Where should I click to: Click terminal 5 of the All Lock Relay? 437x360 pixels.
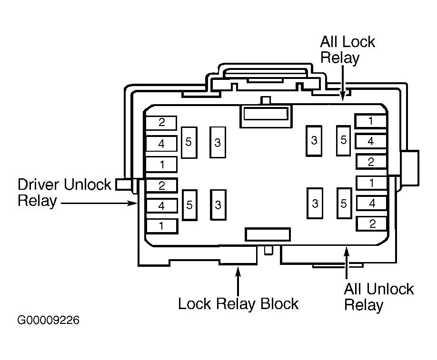[x=343, y=140]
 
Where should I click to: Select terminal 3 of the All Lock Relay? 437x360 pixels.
[x=314, y=141]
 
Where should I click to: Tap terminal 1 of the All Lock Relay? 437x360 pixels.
[x=371, y=121]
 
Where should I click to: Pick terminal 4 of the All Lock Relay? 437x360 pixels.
[x=371, y=141]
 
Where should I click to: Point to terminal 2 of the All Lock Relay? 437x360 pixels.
[x=371, y=162]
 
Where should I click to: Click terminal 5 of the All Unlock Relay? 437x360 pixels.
[x=344, y=203]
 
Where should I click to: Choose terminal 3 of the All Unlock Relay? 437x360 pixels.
[x=315, y=203]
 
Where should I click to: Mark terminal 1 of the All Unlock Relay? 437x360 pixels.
[x=371, y=183]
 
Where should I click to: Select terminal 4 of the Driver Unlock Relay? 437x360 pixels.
[x=162, y=206]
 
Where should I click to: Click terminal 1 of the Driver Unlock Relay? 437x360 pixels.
[x=162, y=226]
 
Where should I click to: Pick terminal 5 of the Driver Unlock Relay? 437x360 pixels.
[x=189, y=205]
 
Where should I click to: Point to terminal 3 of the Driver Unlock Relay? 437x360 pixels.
[x=218, y=205]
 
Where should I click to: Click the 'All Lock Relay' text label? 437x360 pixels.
[x=347, y=49]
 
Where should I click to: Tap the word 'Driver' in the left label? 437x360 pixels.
[x=39, y=185]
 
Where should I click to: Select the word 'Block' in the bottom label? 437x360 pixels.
[x=279, y=303]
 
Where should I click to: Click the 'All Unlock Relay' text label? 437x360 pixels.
[x=379, y=297]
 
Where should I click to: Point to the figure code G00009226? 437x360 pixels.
[x=48, y=320]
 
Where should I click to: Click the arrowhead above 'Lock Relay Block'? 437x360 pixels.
[x=238, y=272]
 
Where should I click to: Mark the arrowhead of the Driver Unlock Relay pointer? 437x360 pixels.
[x=133, y=203]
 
